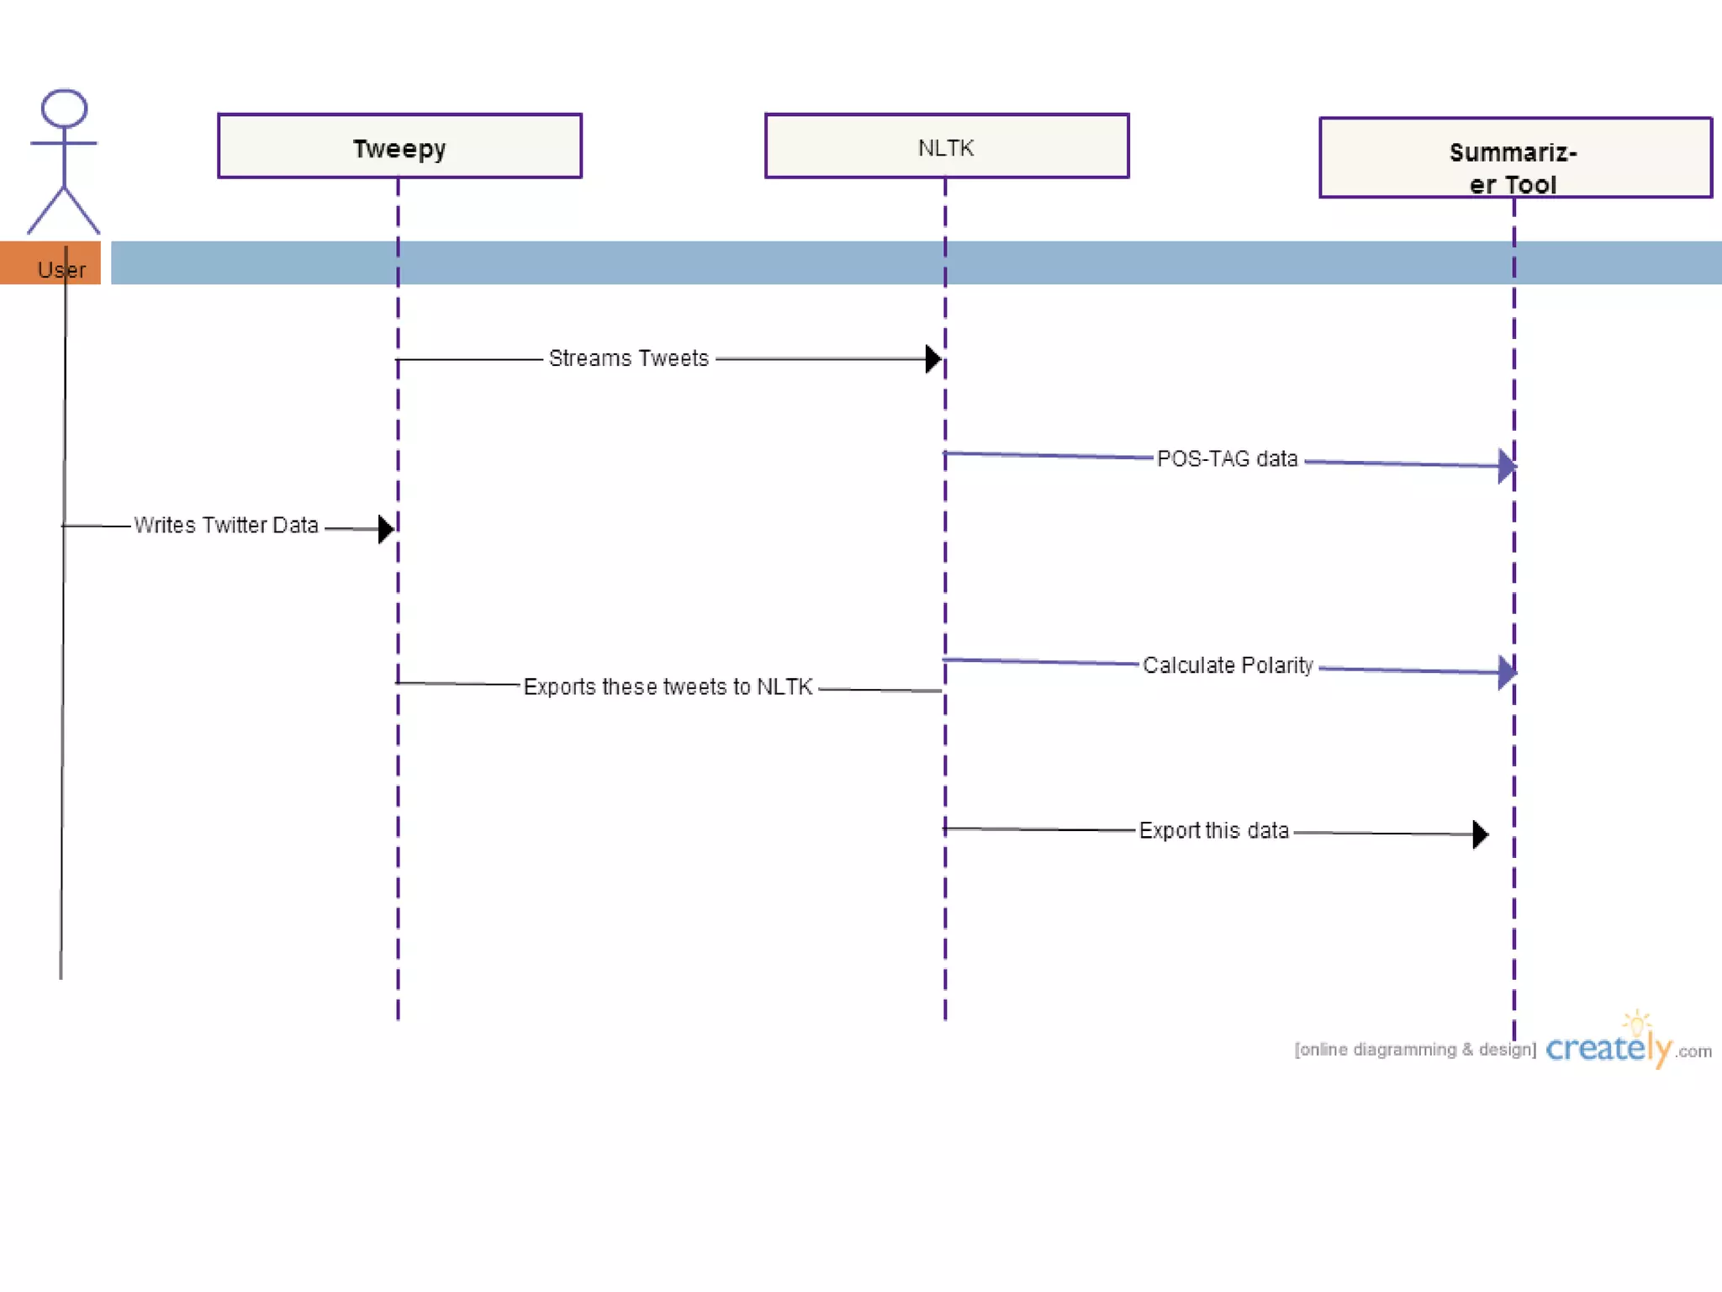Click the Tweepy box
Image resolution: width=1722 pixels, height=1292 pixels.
[x=399, y=146]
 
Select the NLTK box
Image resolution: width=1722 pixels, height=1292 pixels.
[x=946, y=146]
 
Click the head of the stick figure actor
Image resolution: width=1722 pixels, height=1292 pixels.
[x=64, y=109]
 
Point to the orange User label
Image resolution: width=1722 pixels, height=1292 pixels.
[x=50, y=263]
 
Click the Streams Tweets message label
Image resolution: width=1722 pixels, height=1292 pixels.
[x=628, y=358]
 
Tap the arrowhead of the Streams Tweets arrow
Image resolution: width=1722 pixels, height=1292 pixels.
[x=932, y=359]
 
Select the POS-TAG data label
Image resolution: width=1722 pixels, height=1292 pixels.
[x=1227, y=459]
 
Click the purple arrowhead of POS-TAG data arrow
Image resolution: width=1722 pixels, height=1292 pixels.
[x=1507, y=465]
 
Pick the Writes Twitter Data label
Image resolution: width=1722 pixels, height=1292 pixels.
[x=226, y=526]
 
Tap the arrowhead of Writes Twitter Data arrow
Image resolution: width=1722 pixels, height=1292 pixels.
[x=385, y=529]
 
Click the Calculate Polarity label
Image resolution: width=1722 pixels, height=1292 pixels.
[x=1227, y=665]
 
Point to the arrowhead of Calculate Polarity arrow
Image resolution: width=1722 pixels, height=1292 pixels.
[x=1507, y=672]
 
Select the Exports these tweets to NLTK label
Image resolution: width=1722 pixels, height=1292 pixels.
[x=668, y=687]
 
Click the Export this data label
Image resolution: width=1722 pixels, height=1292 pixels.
[x=1213, y=831]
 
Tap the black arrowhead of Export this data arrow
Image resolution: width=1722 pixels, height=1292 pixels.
[x=1481, y=834]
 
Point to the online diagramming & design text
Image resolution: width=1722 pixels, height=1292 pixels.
[x=1414, y=1050]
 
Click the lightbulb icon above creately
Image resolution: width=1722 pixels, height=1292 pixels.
[x=1636, y=1023]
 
